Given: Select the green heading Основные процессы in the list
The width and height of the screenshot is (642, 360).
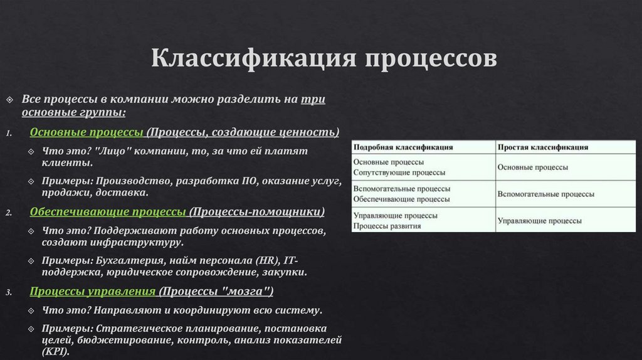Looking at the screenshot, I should coord(87,132).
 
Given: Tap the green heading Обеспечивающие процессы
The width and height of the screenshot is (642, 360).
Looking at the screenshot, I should coord(108,211).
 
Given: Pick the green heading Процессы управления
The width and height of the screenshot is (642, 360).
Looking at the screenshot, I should coord(93,291).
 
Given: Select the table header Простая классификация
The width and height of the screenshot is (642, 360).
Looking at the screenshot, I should coord(543,147).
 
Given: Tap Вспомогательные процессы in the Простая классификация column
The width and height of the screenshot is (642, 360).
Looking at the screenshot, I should coord(545,194).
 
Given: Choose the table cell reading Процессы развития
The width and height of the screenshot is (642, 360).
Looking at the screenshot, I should coord(387,225).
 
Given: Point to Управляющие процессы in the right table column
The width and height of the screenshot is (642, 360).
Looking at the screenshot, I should coord(539,221).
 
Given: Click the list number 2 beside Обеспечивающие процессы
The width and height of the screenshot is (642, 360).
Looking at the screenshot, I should coord(9,213).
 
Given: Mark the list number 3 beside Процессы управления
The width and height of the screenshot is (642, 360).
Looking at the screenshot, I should coord(9,292).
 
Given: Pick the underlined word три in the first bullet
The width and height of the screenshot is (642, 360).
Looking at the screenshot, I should coord(313,100).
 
